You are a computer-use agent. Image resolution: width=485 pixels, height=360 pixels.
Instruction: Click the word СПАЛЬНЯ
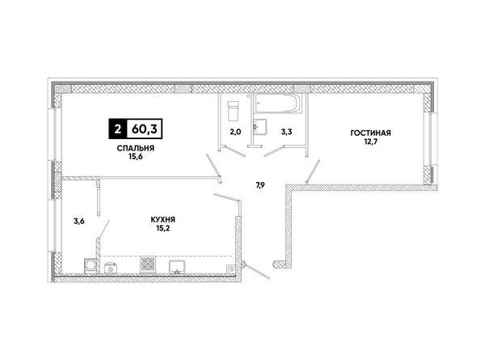click(x=136, y=148)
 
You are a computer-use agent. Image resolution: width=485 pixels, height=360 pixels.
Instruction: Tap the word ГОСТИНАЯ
click(x=370, y=133)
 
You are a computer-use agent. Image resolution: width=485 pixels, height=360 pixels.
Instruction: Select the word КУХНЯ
click(x=163, y=220)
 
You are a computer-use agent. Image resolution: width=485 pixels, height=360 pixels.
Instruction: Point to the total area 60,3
click(x=145, y=129)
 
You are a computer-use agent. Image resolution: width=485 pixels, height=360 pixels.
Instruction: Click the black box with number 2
click(x=117, y=129)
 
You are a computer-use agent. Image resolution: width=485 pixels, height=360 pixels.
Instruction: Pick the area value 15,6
click(x=136, y=157)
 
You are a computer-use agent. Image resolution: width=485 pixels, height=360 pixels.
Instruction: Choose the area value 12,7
click(x=370, y=142)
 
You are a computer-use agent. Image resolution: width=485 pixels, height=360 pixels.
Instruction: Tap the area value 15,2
click(x=163, y=228)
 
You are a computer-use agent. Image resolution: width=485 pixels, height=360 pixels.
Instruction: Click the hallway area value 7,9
click(x=260, y=185)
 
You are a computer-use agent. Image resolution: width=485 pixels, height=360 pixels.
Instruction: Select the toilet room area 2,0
click(x=235, y=132)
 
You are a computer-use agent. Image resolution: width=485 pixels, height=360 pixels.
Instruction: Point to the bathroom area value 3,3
click(x=286, y=132)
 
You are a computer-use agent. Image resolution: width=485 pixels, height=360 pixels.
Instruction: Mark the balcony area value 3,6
click(x=79, y=222)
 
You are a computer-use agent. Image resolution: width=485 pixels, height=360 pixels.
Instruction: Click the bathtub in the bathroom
click(x=277, y=104)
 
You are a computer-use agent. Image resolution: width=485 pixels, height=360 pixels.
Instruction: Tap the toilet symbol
click(x=233, y=111)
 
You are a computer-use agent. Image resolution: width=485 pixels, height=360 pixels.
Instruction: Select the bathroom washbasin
click(x=259, y=127)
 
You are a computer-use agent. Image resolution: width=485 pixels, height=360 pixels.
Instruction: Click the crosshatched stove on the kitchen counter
click(x=148, y=265)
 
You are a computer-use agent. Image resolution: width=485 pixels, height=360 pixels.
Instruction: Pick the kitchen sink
click(x=177, y=267)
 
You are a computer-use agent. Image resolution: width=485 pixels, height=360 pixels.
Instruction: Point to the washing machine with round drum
click(x=91, y=266)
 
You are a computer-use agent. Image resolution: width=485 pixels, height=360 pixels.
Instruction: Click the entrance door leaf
click(x=257, y=271)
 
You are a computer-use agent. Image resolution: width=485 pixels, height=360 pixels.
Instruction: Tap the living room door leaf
click(x=313, y=172)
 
